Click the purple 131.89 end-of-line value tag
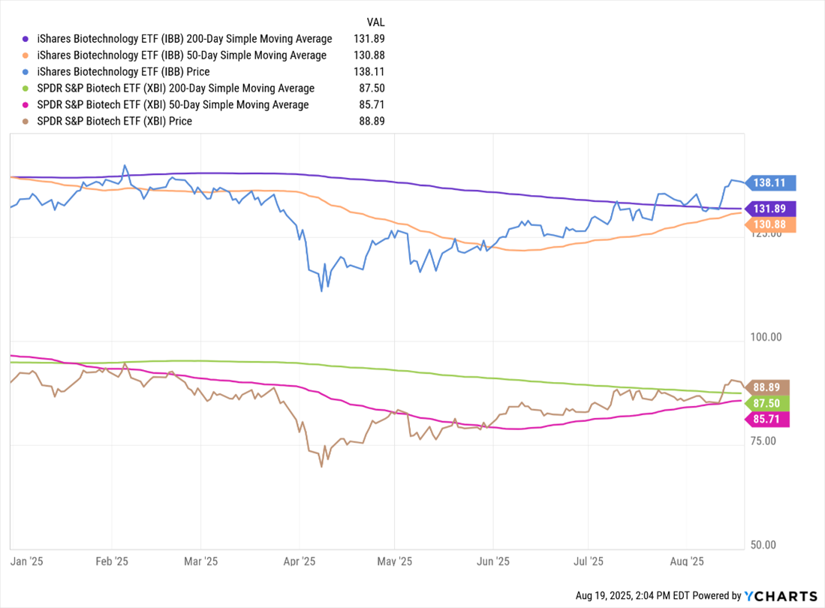click(x=769, y=209)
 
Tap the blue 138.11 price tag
click(x=769, y=182)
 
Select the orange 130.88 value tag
click(x=769, y=224)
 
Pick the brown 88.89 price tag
click(x=769, y=387)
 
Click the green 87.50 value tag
click(x=769, y=403)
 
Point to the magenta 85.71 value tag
click(x=769, y=420)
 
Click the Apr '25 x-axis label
click(x=300, y=561)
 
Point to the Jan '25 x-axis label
click(x=26, y=561)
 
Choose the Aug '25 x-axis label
click(x=686, y=561)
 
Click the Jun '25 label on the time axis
click(x=492, y=561)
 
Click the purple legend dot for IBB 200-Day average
click(x=26, y=39)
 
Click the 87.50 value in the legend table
click(x=369, y=89)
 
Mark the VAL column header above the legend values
click(x=375, y=23)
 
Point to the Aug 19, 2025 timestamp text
click(x=633, y=595)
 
